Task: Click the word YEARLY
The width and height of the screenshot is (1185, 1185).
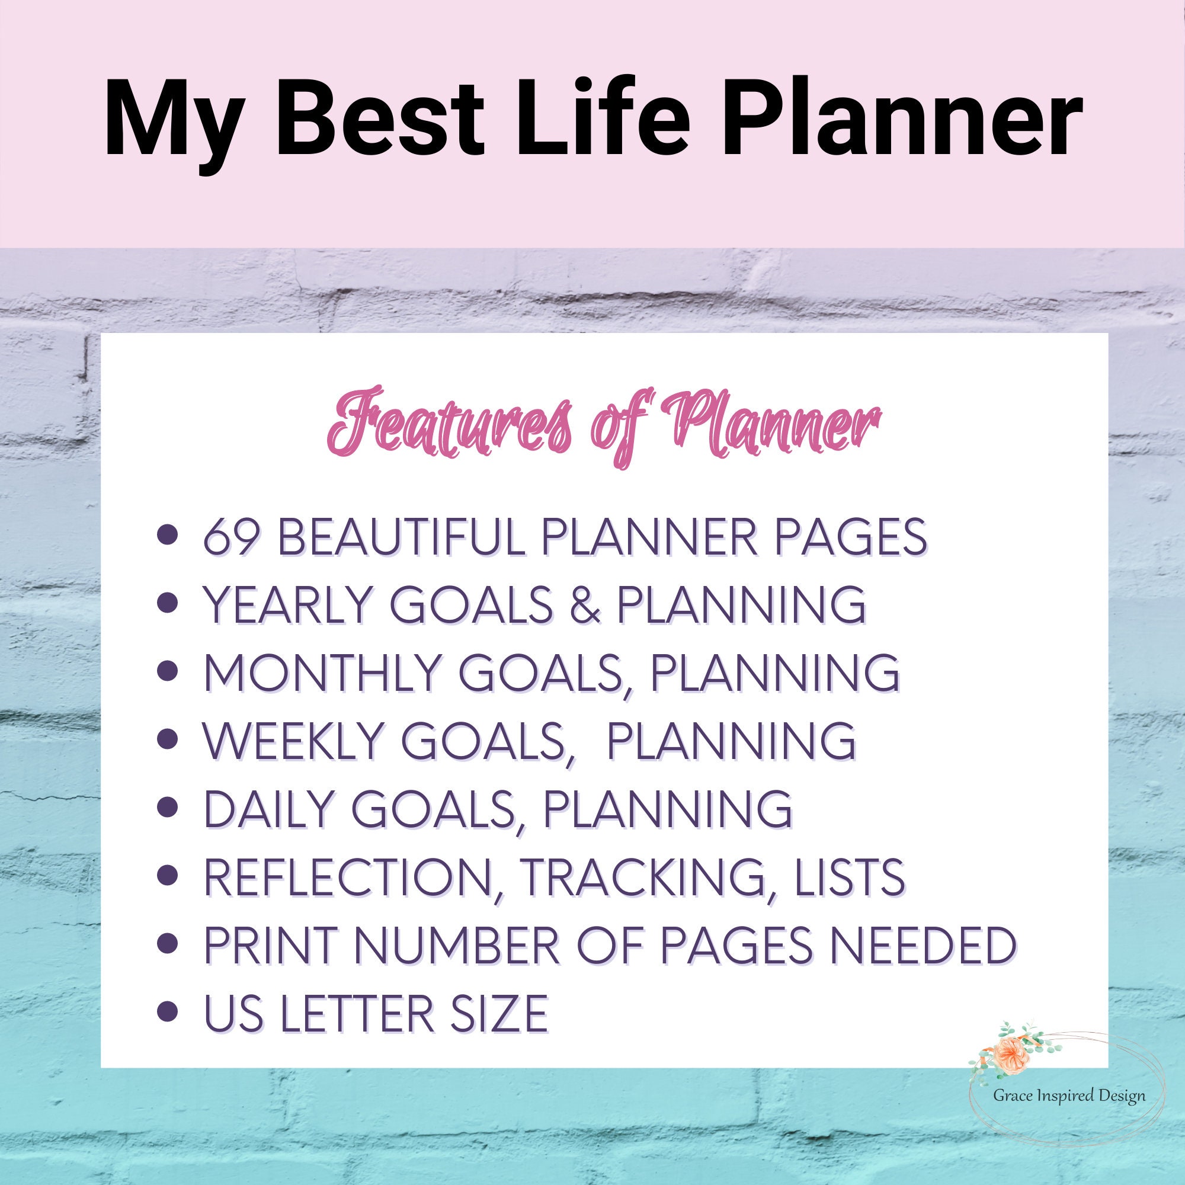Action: [x=289, y=605]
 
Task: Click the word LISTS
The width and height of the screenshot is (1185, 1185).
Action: [x=848, y=876]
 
